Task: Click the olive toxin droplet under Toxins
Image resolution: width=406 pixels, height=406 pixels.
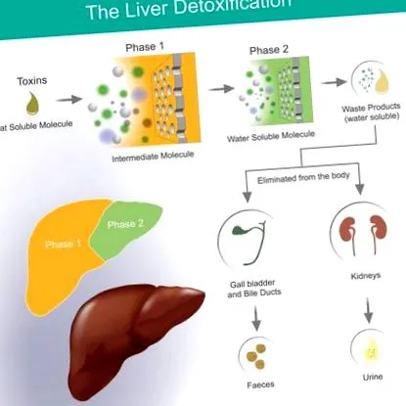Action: pyautogui.click(x=32, y=103)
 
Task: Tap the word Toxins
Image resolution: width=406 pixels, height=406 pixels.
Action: pyautogui.click(x=32, y=81)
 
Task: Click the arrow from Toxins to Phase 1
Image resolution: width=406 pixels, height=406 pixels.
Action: pyautogui.click(x=68, y=99)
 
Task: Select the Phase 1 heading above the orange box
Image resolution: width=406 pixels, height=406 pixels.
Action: pyautogui.click(x=145, y=47)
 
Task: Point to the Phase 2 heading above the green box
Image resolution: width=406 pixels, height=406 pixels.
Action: pyautogui.click(x=269, y=50)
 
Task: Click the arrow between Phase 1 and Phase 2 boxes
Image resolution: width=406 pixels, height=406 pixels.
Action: pyautogui.click(x=221, y=89)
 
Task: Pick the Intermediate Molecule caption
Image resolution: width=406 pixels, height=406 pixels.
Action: pyautogui.click(x=153, y=157)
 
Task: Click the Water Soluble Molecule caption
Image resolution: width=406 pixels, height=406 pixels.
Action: pyautogui.click(x=271, y=136)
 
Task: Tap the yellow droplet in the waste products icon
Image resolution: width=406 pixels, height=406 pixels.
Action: pyautogui.click(x=383, y=81)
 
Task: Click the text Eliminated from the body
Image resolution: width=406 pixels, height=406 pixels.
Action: pyautogui.click(x=303, y=178)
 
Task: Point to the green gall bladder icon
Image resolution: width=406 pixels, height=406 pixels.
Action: pyautogui.click(x=241, y=230)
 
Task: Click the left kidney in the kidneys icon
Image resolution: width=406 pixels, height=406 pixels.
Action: pyautogui.click(x=348, y=229)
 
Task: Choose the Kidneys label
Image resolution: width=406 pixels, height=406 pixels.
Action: pyautogui.click(x=366, y=276)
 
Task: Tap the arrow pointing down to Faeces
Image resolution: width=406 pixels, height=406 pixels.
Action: pyautogui.click(x=256, y=318)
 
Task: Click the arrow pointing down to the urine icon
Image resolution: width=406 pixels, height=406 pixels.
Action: pyautogui.click(x=368, y=310)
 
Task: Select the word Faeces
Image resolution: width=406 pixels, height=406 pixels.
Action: pyautogui.click(x=260, y=385)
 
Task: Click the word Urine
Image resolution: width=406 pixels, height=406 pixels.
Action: pyautogui.click(x=373, y=377)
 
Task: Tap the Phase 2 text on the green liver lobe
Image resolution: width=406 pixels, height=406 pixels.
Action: pyautogui.click(x=125, y=224)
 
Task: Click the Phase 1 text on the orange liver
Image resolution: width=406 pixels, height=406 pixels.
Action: pyautogui.click(x=63, y=245)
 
